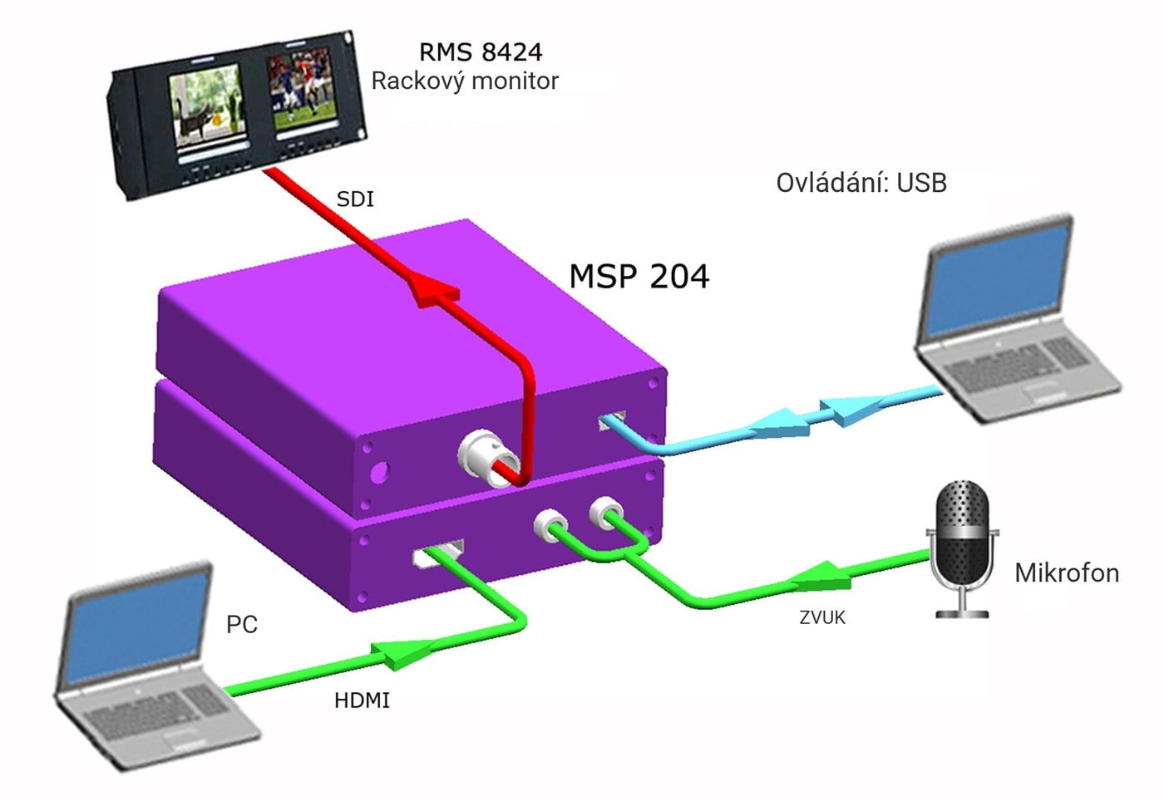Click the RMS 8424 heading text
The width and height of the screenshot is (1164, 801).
[481, 52]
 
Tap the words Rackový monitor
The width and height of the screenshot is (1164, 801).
[465, 81]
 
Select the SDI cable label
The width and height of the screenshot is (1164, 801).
[356, 199]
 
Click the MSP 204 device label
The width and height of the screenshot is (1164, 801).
[639, 276]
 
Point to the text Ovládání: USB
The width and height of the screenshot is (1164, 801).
[861, 183]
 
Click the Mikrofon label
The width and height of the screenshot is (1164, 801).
[1067, 573]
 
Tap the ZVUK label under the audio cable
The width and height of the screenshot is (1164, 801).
[822, 617]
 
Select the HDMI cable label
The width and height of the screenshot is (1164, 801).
[362, 700]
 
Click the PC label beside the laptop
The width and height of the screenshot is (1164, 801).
[242, 624]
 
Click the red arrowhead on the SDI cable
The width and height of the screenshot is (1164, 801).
[433, 289]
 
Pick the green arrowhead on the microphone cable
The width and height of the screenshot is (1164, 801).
[824, 576]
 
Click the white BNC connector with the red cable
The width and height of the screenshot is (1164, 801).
[489, 458]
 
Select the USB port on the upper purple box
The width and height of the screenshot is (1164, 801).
[612, 420]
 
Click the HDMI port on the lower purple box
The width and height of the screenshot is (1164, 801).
[437, 554]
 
